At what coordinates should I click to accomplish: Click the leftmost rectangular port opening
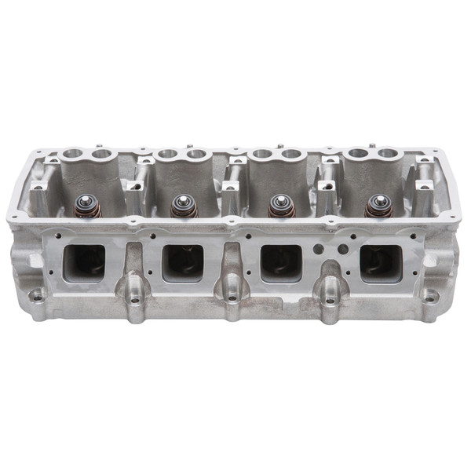(84, 262)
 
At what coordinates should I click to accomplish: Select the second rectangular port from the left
(183, 262)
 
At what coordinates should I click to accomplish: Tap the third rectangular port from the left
(281, 262)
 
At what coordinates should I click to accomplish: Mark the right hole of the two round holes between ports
(342, 250)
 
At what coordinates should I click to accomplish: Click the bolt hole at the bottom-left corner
(37, 296)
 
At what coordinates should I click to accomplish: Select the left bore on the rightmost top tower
(358, 154)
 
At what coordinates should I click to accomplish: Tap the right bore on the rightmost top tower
(386, 154)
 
